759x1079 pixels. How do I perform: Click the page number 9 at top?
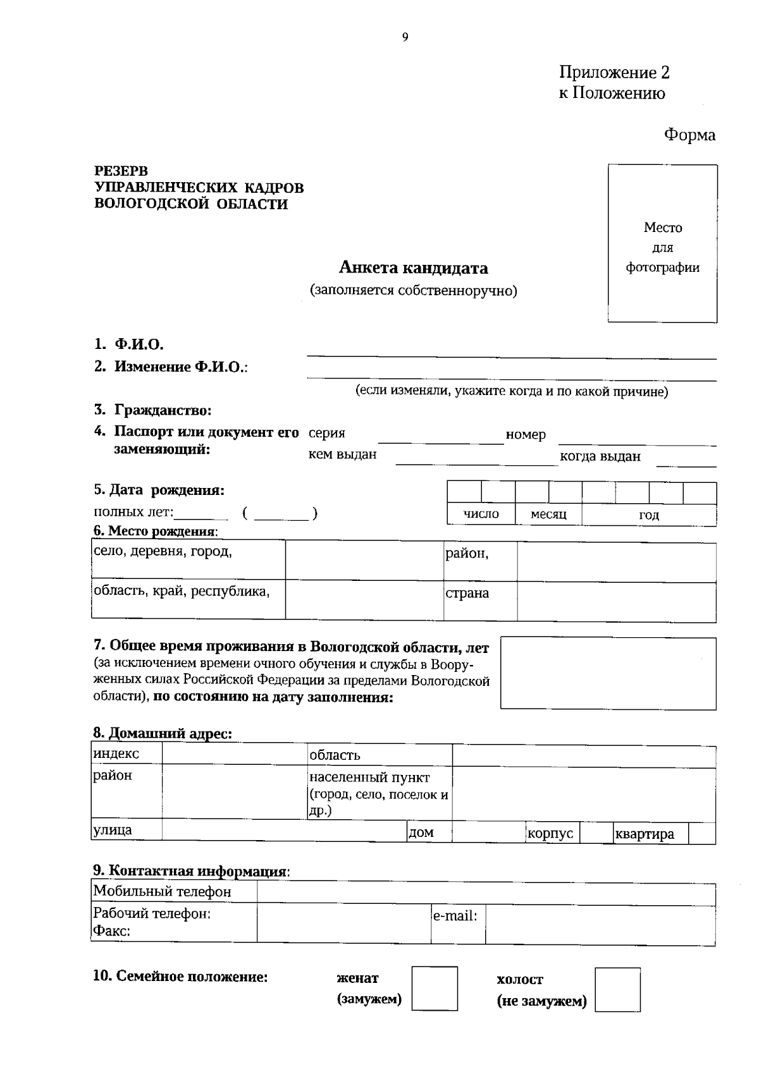[405, 37]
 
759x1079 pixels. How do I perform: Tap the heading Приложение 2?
[614, 73]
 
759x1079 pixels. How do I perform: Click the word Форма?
[689, 135]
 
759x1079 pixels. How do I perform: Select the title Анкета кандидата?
[413, 268]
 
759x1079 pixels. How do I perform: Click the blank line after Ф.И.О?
[511, 351]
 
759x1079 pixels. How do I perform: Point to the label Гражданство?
[163, 410]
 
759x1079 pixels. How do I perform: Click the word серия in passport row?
[326, 434]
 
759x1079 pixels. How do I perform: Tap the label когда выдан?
[600, 456]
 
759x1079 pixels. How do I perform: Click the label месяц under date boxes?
[548, 515]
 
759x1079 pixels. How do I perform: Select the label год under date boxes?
[648, 515]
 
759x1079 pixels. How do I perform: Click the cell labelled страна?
[467, 594]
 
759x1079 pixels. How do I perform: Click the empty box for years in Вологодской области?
[608, 673]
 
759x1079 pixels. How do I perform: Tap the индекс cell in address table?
[116, 753]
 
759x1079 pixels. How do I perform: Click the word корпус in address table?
[550, 833]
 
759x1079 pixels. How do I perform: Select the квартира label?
[645, 834]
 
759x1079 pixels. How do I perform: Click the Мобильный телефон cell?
[162, 892]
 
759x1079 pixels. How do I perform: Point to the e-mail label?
[455, 915]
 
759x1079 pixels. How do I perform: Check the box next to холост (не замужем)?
[617, 989]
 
